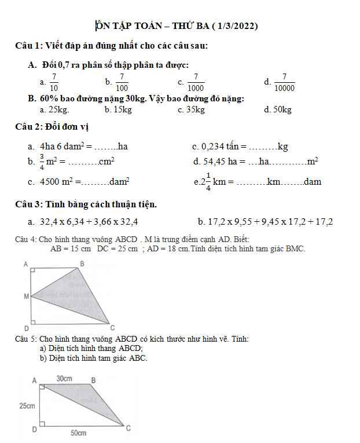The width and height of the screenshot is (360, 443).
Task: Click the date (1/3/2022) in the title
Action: coord(234,26)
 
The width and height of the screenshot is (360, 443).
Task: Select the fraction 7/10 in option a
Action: coord(54,82)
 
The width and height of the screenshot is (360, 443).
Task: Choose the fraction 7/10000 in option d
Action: coord(284,82)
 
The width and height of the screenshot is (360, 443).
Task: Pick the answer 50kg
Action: coord(282,109)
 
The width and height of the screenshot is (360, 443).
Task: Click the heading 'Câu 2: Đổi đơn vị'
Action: coord(52,127)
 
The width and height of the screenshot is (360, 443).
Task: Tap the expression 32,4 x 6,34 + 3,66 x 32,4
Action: coord(89,222)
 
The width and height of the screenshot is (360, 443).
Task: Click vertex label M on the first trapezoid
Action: coord(26,296)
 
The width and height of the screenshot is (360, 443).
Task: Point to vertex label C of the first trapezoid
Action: coord(112,328)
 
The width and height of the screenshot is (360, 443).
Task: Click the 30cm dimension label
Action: coord(64,378)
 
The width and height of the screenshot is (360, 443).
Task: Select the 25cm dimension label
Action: coord(27,406)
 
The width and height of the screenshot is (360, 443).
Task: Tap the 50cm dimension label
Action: coord(79,433)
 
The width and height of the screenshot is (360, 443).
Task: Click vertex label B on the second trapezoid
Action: coord(94,380)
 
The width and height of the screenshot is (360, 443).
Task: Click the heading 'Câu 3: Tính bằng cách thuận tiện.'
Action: coord(86,204)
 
